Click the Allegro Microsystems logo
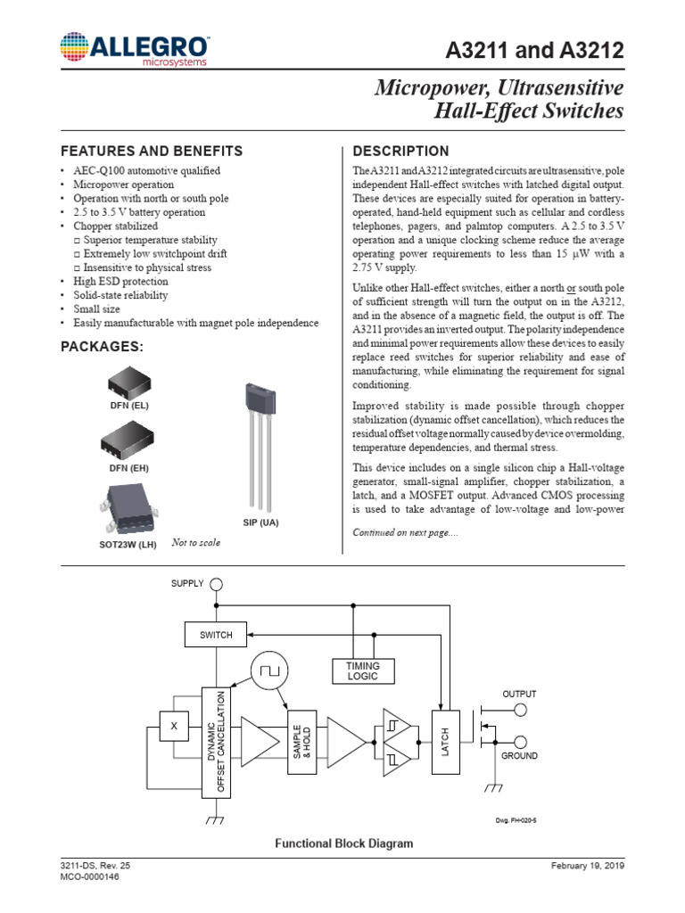[x=135, y=51]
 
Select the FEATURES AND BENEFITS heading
[x=151, y=151]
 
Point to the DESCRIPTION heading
[x=401, y=151]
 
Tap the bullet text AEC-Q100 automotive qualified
[x=146, y=170]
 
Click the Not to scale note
[x=195, y=542]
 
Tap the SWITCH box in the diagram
[x=215, y=635]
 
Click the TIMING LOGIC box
[x=363, y=671]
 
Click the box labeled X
[x=174, y=727]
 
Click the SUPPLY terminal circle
[x=216, y=585]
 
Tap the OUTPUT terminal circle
[x=520, y=710]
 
